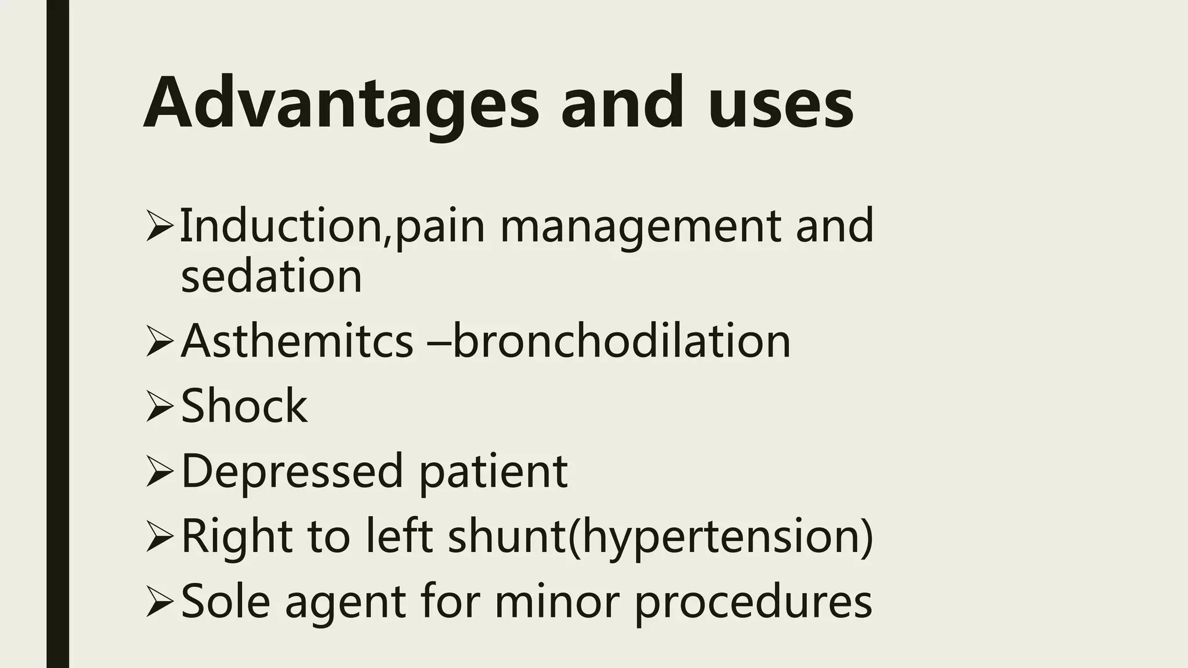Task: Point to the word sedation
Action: pos(271,276)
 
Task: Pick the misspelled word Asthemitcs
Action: pos(296,340)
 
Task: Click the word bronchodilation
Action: pos(621,340)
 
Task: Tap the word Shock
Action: pos(244,406)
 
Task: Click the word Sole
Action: pos(226,601)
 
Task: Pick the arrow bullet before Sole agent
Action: pos(160,602)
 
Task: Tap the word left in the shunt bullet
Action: pos(399,536)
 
